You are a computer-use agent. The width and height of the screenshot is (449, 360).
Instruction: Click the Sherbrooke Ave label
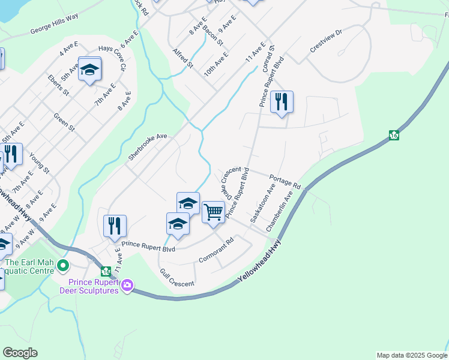pos(147,148)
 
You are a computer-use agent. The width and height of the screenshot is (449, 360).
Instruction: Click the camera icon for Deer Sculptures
pos(127,287)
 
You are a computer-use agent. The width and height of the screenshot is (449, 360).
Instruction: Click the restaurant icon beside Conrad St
pos(282,101)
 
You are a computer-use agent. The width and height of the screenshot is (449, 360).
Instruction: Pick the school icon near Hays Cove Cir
pos(89,70)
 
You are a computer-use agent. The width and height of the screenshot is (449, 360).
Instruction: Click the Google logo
pos(20,353)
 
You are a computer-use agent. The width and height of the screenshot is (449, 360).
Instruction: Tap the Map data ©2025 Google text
pos(411,355)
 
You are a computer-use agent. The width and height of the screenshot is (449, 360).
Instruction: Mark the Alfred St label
pos(182,58)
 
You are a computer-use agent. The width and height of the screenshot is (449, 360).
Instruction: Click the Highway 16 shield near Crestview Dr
pos(394,136)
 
